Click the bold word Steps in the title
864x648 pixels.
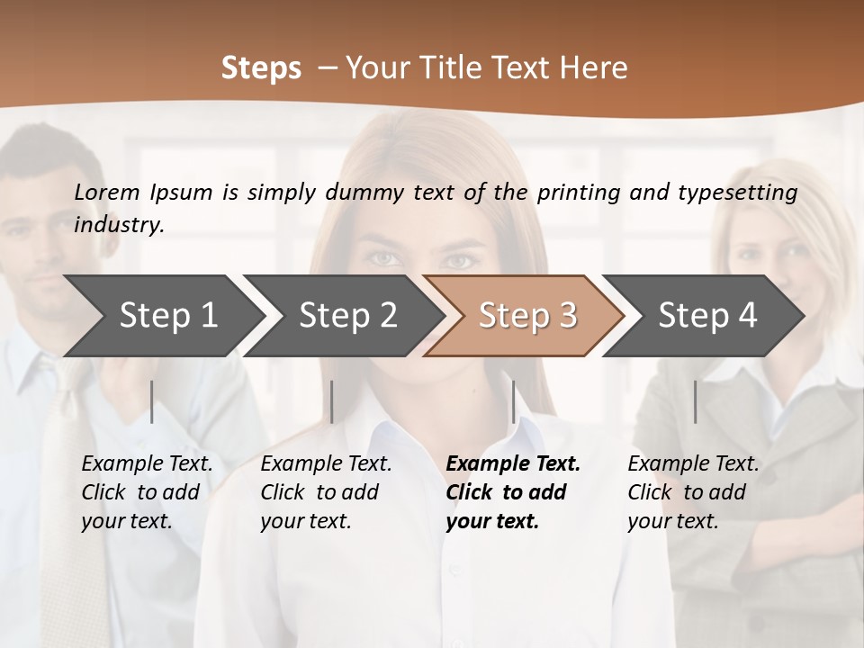click(x=261, y=68)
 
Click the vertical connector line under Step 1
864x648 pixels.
click(x=152, y=401)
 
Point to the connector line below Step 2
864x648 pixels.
click(x=332, y=401)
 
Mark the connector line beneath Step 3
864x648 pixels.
click(x=513, y=401)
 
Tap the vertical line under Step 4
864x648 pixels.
click(x=695, y=401)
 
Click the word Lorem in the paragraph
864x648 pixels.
click(x=107, y=192)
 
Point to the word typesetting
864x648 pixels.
click(x=737, y=193)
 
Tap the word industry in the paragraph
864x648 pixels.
click(x=118, y=224)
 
